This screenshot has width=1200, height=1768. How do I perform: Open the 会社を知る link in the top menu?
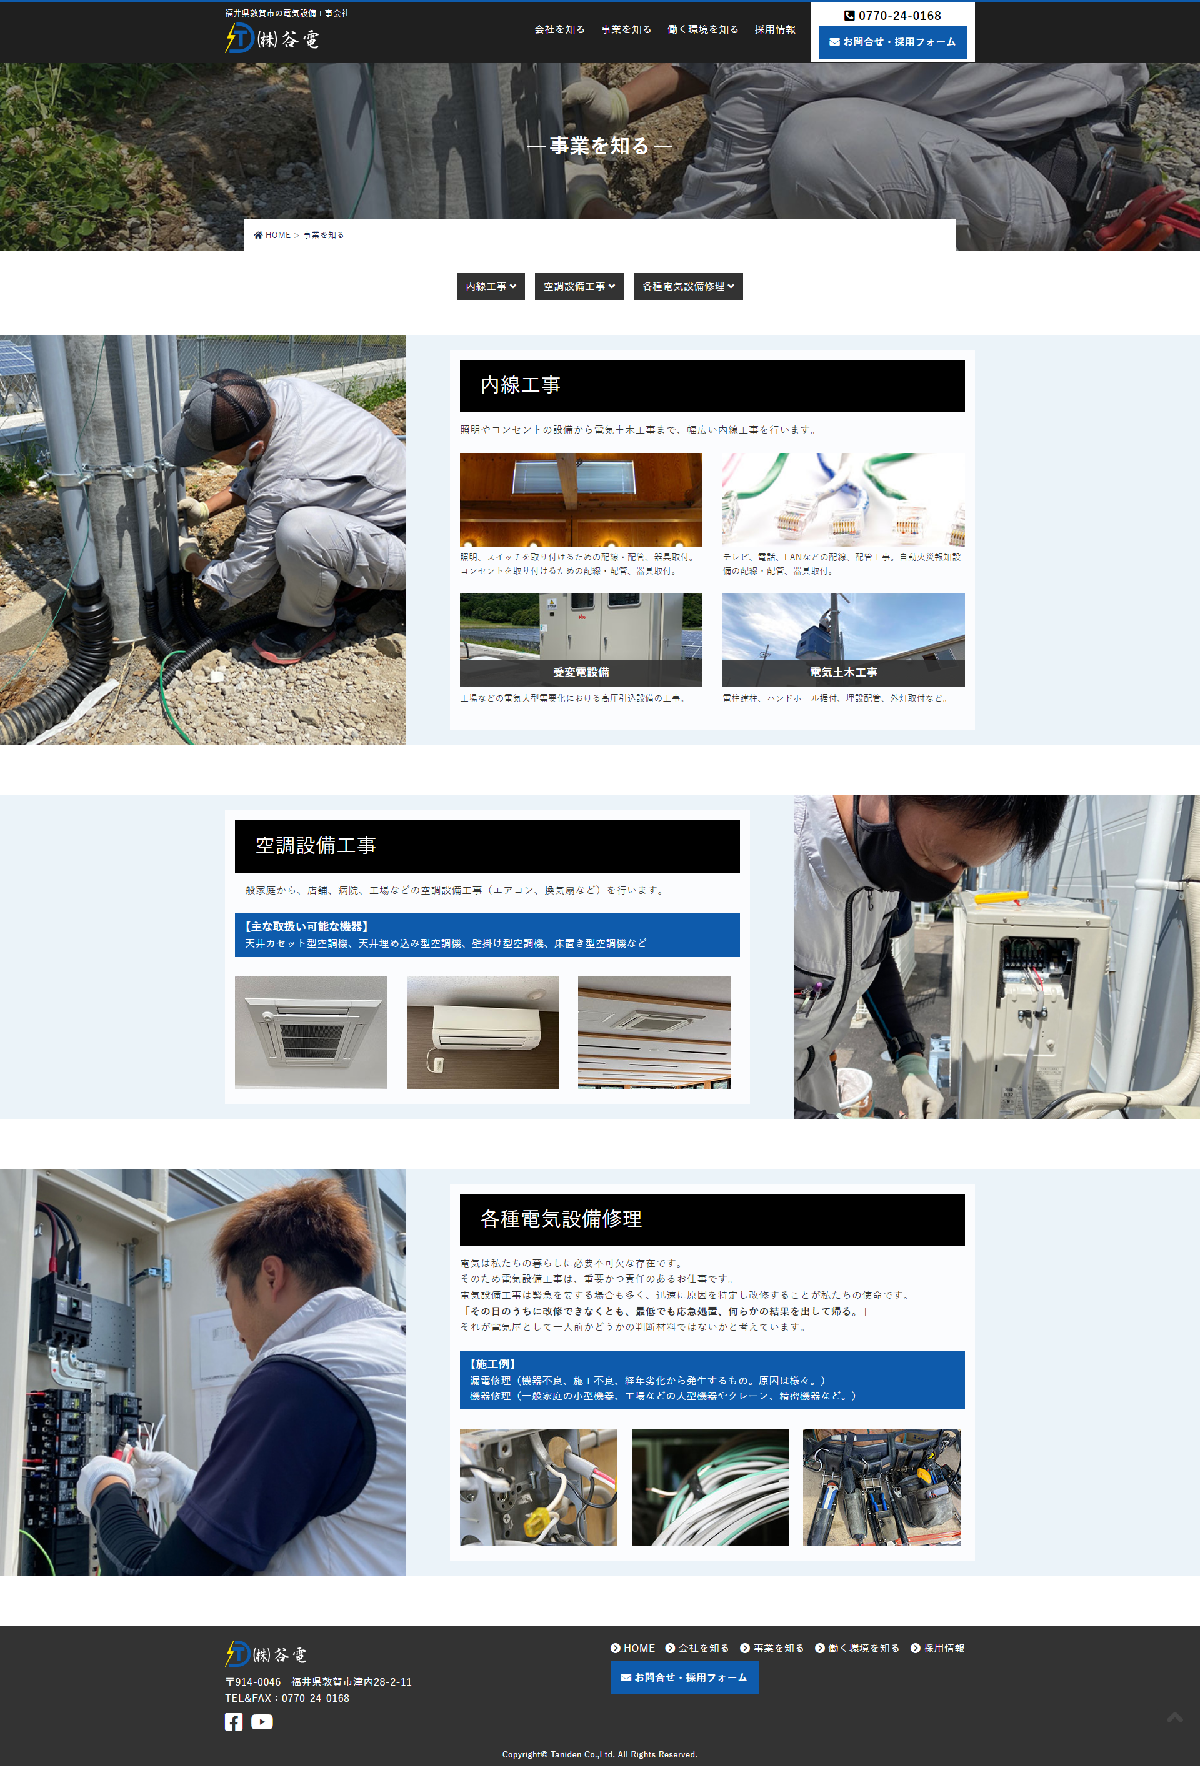[x=559, y=29]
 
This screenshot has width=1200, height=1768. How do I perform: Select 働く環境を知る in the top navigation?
[x=703, y=29]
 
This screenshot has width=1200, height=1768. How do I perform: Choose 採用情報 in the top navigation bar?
[x=774, y=29]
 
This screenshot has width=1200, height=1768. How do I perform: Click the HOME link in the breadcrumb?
[x=277, y=235]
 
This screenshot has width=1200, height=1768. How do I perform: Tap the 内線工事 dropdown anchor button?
[x=491, y=287]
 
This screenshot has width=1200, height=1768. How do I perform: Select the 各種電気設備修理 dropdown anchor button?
[x=688, y=287]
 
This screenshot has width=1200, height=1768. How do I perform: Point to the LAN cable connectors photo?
[x=843, y=500]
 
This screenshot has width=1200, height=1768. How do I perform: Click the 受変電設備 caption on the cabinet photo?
[x=581, y=672]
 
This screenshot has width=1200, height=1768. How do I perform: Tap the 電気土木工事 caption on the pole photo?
[x=843, y=672]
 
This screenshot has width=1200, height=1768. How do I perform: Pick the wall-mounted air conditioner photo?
[x=482, y=1032]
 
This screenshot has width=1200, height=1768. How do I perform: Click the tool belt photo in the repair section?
[x=881, y=1487]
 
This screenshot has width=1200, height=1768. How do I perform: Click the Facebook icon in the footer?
[x=234, y=1722]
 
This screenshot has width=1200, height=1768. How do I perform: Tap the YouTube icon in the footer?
[x=262, y=1722]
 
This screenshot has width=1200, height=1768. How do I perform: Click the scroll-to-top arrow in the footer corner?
[x=1175, y=1717]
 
